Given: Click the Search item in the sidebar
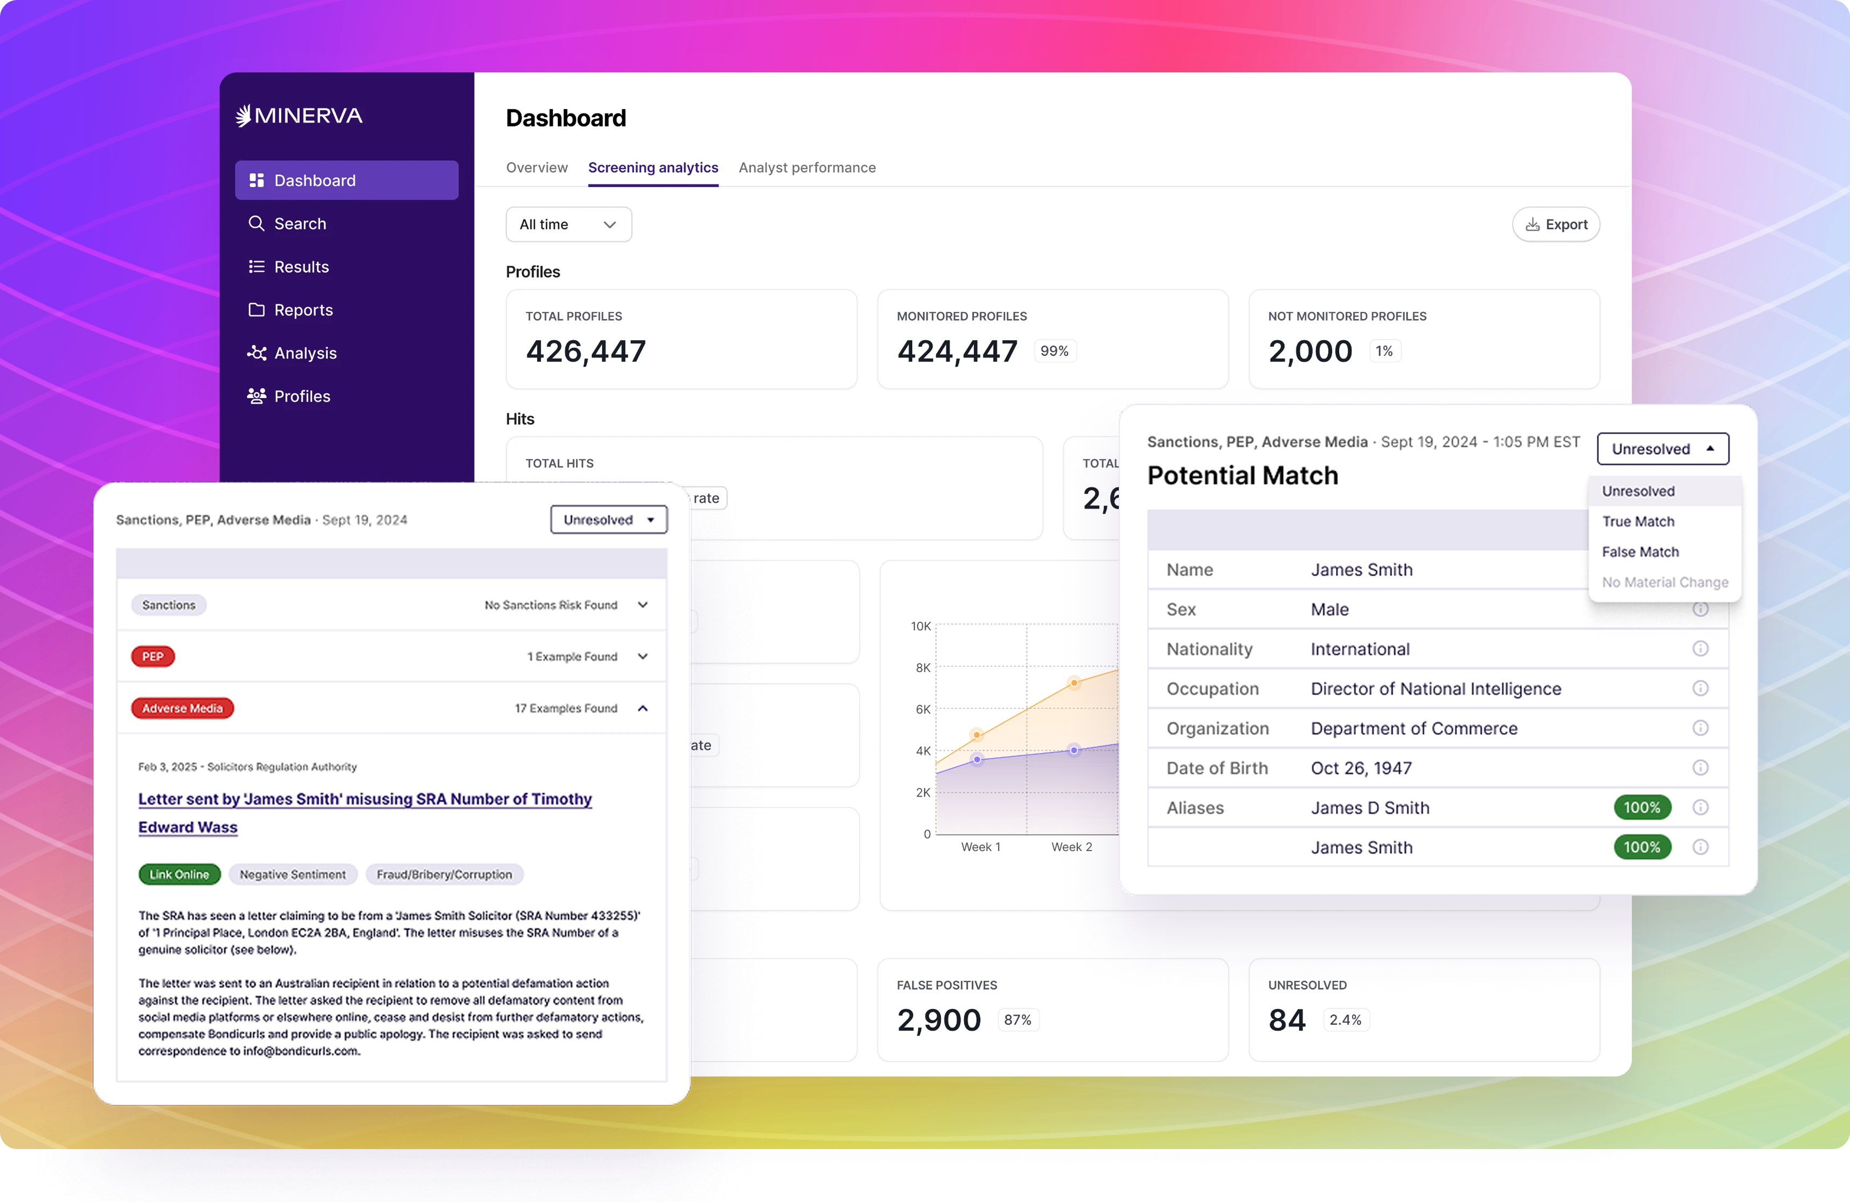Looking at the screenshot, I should pyautogui.click(x=299, y=224).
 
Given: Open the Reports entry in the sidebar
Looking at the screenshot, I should pyautogui.click(x=302, y=310).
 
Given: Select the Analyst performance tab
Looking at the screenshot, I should pyautogui.click(x=807, y=168).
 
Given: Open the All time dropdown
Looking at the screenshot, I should pyautogui.click(x=568, y=225).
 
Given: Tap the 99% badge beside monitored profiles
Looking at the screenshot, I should pyautogui.click(x=1054, y=352).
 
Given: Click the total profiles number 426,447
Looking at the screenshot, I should pyautogui.click(x=585, y=352).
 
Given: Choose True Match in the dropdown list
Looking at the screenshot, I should pyautogui.click(x=1638, y=522).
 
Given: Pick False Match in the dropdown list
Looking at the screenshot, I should pyautogui.click(x=1640, y=552).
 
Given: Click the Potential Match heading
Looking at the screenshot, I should pyautogui.click(x=1242, y=476).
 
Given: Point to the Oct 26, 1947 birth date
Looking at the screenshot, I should pyautogui.click(x=1361, y=768).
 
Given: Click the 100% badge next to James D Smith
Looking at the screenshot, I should pyautogui.click(x=1641, y=808).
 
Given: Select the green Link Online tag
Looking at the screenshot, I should pyautogui.click(x=180, y=875).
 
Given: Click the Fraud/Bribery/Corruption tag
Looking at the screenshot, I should pyautogui.click(x=444, y=875).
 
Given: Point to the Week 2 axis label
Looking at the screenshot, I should pyautogui.click(x=1071, y=847).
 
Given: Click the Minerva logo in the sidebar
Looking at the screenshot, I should pyautogui.click(x=299, y=116).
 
